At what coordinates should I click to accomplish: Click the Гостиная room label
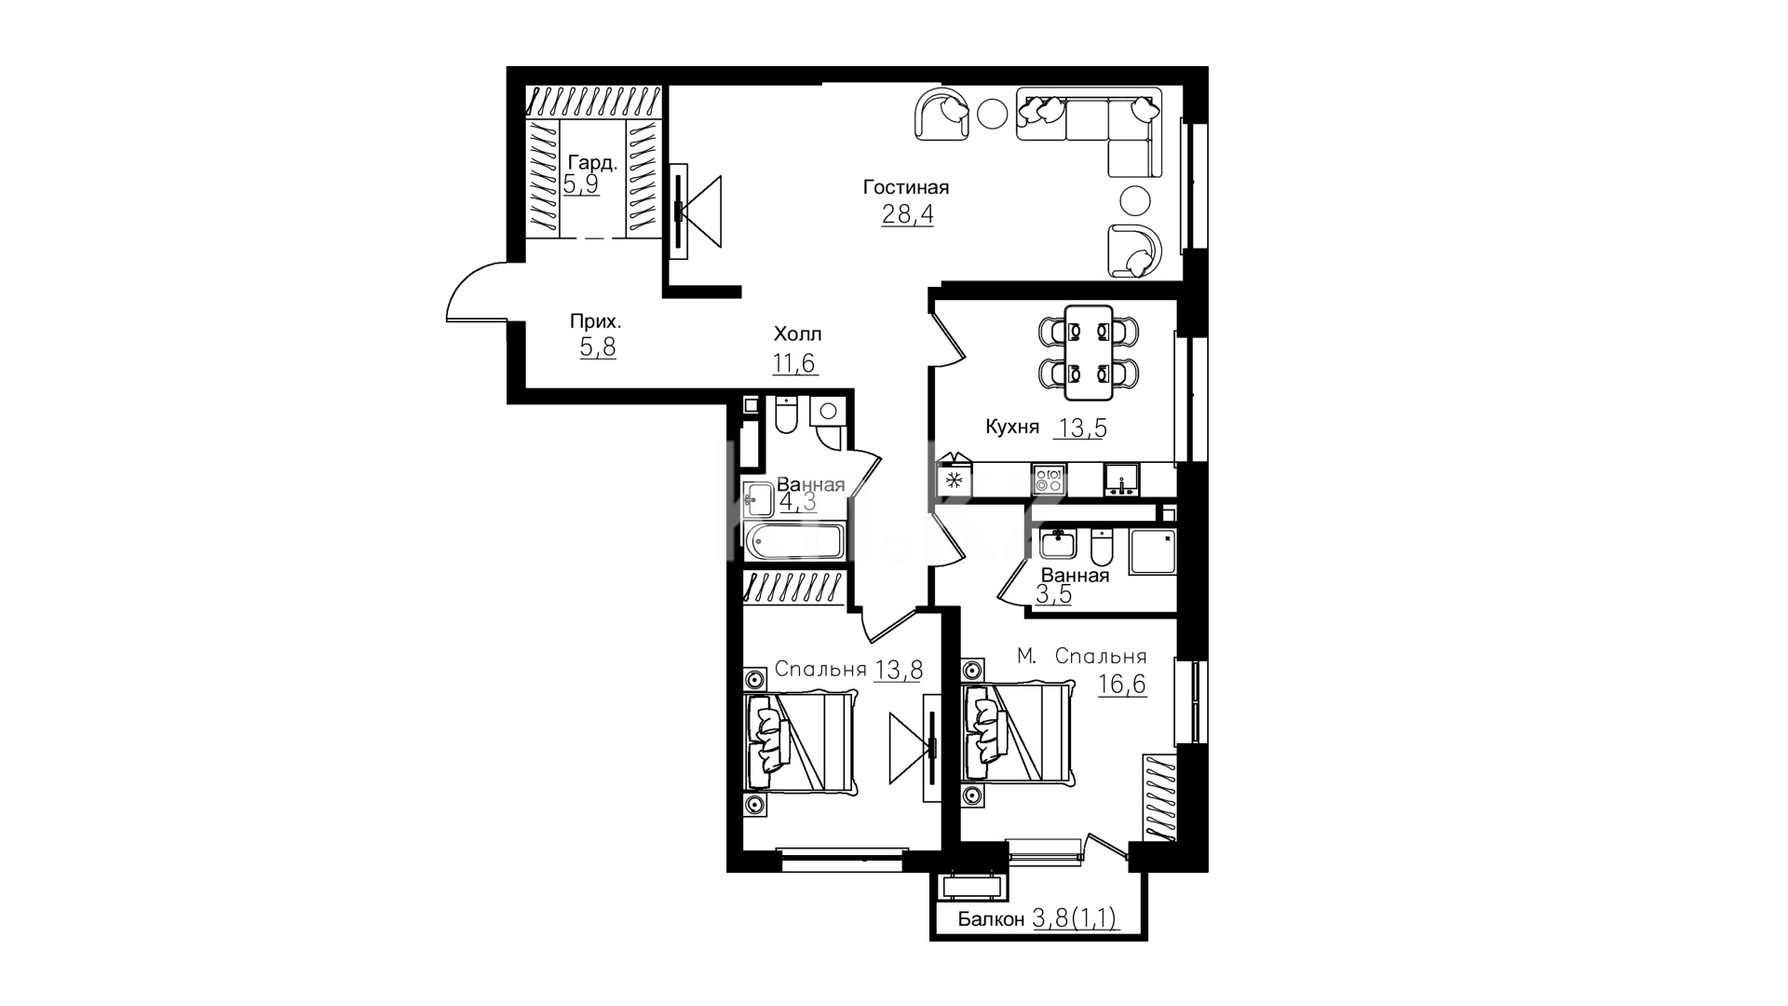tap(906, 187)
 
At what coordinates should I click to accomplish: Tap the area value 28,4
tap(907, 215)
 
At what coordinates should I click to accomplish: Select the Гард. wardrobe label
tap(592, 163)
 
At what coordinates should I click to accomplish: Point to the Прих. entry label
tap(596, 321)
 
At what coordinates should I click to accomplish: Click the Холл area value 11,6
tap(794, 362)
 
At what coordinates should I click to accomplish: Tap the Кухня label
tap(1012, 428)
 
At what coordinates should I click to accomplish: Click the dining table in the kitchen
tap(1089, 346)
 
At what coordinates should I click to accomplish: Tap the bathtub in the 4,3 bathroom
tap(793, 541)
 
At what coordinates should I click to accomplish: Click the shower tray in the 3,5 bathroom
tap(1153, 551)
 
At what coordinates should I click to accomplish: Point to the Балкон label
tap(992, 920)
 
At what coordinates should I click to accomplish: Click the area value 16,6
tap(1121, 685)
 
